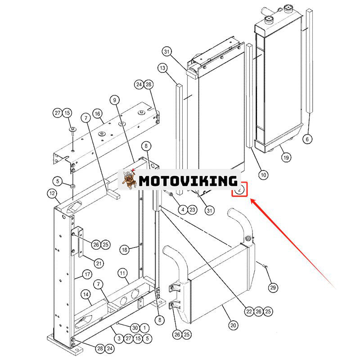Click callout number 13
tap(162, 68)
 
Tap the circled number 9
tap(115, 100)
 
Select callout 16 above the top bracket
tap(98, 114)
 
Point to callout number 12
tap(52, 193)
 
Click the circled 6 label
tap(307, 139)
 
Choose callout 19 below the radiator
tap(286, 157)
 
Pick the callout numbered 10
tap(263, 175)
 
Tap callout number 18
tap(125, 250)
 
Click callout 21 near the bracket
tap(99, 263)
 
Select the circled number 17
tap(87, 274)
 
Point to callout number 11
tap(122, 273)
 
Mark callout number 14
tap(86, 295)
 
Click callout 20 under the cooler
tap(233, 325)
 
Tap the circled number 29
tap(273, 288)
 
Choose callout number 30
tap(135, 328)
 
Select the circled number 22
tap(249, 311)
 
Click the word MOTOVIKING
tap(188, 181)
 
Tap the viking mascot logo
tap(128, 179)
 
